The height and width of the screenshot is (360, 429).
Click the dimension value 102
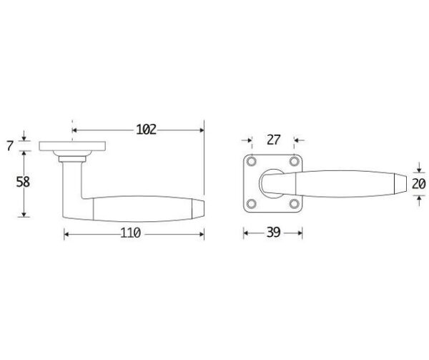pos(146,130)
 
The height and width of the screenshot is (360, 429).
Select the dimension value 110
pos(131,233)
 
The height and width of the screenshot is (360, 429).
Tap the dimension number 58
pos(23,182)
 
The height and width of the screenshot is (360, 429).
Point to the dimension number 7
pos(10,145)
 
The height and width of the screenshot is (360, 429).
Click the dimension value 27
pos(273,140)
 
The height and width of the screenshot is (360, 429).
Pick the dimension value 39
pos(273,233)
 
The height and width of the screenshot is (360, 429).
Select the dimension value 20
pos(418,184)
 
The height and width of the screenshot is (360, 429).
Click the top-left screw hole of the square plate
pos(251,161)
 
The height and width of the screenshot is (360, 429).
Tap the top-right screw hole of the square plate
pos(295,161)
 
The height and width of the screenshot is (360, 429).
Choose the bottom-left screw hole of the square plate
pos(251,204)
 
